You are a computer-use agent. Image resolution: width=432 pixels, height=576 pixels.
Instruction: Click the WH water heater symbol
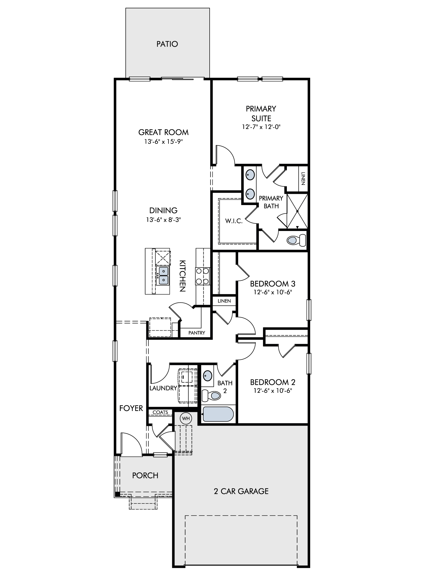(186, 418)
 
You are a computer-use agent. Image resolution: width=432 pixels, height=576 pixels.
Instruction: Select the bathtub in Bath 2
(218, 414)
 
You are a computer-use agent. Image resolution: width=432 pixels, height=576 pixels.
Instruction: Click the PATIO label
(167, 44)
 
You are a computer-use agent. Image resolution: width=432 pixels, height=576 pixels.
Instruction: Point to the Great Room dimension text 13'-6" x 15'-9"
(164, 142)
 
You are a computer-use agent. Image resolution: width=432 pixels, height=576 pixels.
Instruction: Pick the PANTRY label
(197, 333)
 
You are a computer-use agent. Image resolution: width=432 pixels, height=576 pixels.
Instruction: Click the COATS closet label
(160, 412)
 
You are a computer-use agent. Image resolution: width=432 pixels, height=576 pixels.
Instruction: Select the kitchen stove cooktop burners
(202, 276)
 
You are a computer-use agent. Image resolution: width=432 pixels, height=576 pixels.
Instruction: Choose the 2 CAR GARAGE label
(241, 491)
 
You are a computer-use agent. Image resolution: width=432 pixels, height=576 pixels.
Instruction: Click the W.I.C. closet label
(234, 221)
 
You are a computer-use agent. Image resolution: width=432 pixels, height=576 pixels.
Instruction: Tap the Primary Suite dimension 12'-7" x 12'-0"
(261, 127)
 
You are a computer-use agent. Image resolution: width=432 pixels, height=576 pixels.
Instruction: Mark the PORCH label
(145, 475)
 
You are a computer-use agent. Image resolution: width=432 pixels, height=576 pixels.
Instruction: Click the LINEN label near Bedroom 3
(224, 301)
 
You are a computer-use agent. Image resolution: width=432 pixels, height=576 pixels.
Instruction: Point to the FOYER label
(131, 408)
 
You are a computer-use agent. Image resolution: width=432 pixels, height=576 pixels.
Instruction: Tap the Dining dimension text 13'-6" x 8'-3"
(164, 220)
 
